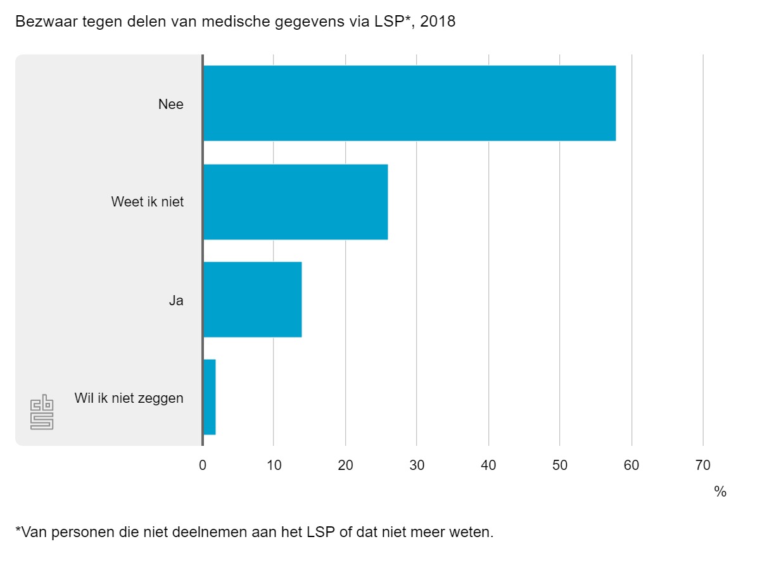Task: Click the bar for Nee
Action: coord(409,103)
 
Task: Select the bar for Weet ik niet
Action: coord(295,202)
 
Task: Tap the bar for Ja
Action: coord(252,300)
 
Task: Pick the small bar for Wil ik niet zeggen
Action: coord(210,397)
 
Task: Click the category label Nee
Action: coord(171,104)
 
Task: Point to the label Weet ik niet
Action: coord(148,202)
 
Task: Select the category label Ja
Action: coord(176,300)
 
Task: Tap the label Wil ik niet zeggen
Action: coord(129,398)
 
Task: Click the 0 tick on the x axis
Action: coord(203,465)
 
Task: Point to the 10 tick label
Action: coord(274,465)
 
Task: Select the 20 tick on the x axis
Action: coord(345,465)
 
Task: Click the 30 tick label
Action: coord(417,465)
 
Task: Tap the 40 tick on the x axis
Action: coord(488,465)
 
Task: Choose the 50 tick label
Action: coord(560,465)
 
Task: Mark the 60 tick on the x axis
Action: coord(631,465)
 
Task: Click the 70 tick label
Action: coord(703,465)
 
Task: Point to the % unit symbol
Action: coord(720,491)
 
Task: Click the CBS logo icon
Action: coord(42,413)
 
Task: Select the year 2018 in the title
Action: coord(437,22)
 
